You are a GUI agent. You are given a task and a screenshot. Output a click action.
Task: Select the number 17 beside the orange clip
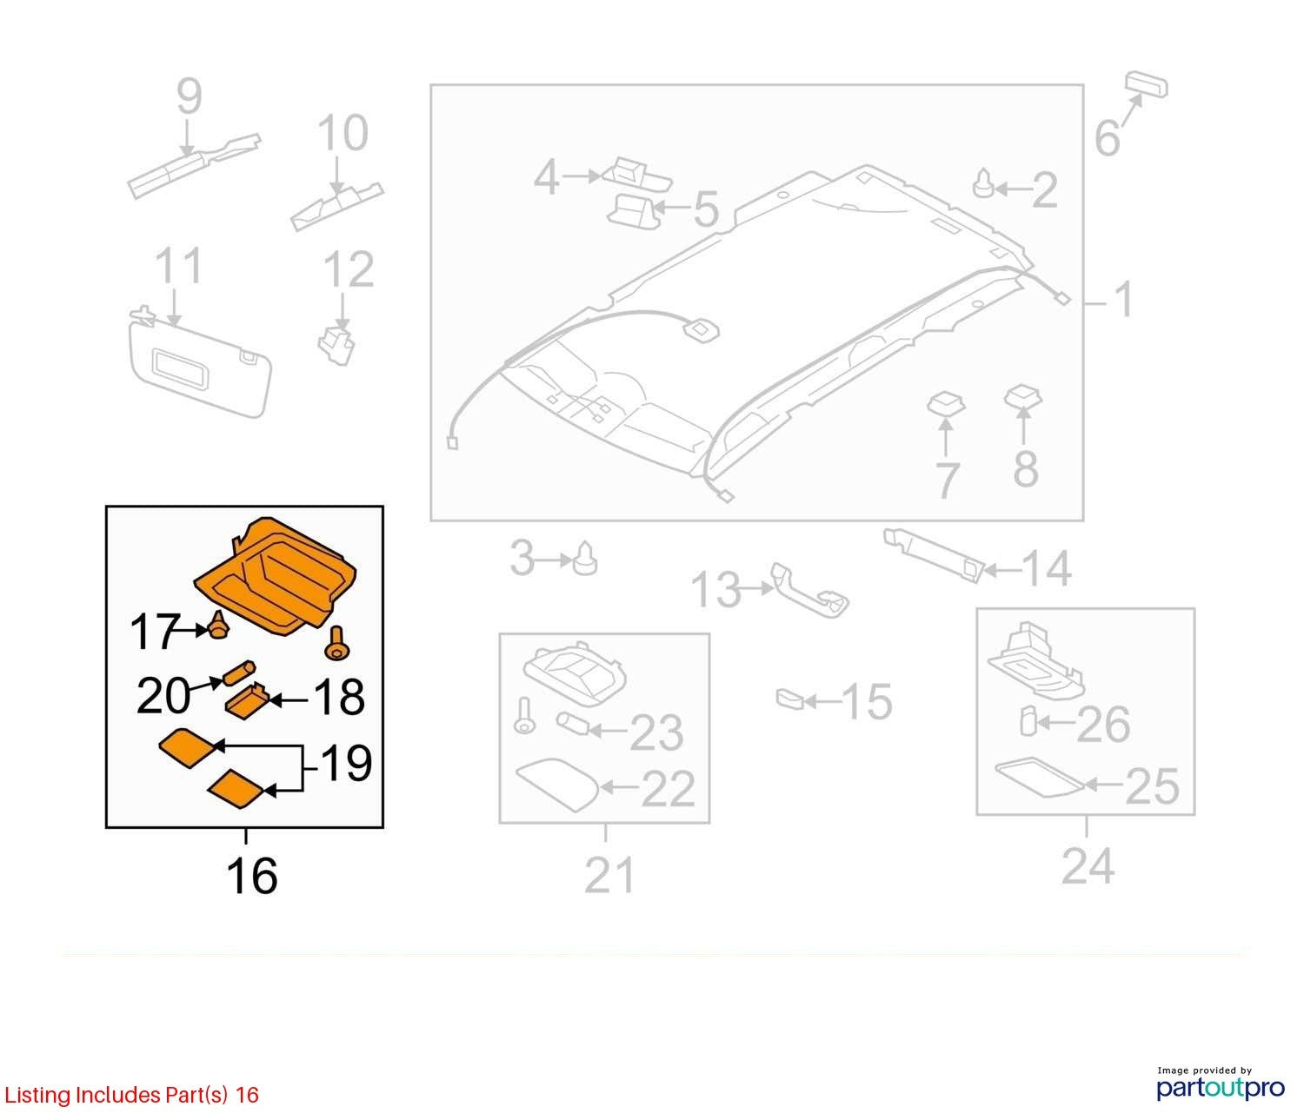(x=156, y=632)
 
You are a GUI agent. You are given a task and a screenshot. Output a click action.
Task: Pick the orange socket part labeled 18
(x=247, y=701)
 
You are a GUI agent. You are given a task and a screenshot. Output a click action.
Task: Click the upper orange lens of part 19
(x=189, y=747)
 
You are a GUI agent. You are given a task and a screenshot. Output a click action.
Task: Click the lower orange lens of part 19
(x=236, y=788)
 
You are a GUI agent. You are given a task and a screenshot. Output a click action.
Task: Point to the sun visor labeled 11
(x=199, y=361)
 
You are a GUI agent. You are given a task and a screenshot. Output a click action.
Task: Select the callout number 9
(x=189, y=96)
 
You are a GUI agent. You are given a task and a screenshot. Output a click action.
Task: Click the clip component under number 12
(x=336, y=345)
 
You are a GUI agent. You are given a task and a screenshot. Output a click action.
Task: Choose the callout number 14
(x=1046, y=568)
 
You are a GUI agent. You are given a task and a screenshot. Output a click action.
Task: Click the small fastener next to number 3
(x=584, y=559)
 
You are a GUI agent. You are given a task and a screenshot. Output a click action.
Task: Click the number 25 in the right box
(x=1152, y=787)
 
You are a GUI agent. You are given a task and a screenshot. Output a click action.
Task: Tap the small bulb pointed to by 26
(x=1028, y=721)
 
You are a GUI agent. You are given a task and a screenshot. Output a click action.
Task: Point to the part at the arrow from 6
(x=1147, y=84)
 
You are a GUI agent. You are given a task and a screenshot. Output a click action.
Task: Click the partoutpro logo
(x=1220, y=1085)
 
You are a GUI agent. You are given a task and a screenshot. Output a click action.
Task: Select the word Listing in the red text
(x=37, y=1096)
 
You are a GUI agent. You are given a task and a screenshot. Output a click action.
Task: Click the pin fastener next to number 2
(x=983, y=183)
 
